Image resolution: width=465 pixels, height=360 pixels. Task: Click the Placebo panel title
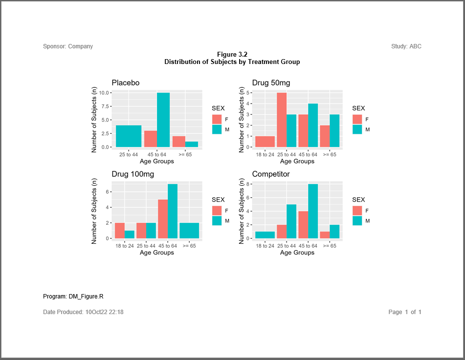pyautogui.click(x=125, y=83)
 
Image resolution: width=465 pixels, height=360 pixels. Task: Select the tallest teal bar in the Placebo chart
pyautogui.click(x=163, y=120)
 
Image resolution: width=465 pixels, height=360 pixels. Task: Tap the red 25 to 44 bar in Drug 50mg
pyautogui.click(x=282, y=120)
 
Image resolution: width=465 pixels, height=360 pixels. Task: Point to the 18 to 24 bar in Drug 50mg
pyautogui.click(x=266, y=142)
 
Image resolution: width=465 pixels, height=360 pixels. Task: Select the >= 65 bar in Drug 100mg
pyautogui.click(x=189, y=231)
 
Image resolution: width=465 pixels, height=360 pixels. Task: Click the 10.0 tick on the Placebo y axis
pyautogui.click(x=103, y=93)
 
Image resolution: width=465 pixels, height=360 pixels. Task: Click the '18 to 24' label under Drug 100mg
pyautogui.click(x=125, y=246)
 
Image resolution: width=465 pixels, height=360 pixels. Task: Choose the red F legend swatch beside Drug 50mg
pyautogui.click(x=357, y=119)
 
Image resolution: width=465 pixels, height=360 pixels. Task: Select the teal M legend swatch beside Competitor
pyautogui.click(x=357, y=221)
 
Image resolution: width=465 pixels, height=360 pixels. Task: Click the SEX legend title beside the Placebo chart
pyautogui.click(x=218, y=108)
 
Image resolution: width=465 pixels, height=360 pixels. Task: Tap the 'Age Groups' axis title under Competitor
pyautogui.click(x=297, y=253)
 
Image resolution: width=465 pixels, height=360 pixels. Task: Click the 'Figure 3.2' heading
pyautogui.click(x=232, y=55)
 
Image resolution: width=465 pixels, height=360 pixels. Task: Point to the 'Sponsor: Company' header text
pyautogui.click(x=68, y=46)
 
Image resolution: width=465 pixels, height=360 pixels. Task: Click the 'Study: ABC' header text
pyautogui.click(x=406, y=46)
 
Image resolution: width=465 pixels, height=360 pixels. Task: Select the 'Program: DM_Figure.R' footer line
pyautogui.click(x=73, y=296)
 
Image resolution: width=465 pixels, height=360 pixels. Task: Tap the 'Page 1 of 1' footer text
pyautogui.click(x=404, y=312)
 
